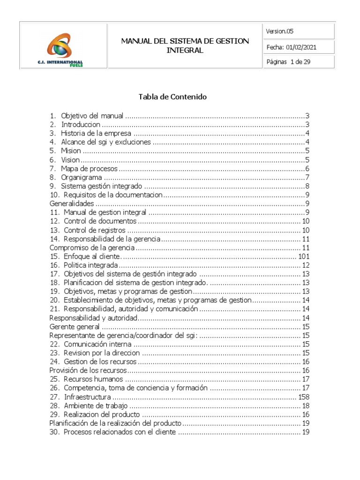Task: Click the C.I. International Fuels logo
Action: tap(65, 47)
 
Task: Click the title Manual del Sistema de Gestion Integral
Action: tap(185, 45)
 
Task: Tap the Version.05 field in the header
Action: tap(280, 31)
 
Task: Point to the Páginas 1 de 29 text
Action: tap(288, 62)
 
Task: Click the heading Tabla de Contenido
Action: tap(172, 97)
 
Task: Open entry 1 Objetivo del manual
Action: tap(92, 116)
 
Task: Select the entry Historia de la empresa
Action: tap(96, 134)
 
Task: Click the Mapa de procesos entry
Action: tap(89, 169)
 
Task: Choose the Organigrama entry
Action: tap(82, 178)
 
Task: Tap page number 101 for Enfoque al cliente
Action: tap(304, 256)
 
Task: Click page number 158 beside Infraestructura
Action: tap(304, 397)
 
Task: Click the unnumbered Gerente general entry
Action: tap(75, 327)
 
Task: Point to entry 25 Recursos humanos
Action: tap(93, 380)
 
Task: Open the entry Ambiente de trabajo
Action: tap(96, 406)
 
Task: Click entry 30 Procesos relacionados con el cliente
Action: tap(120, 432)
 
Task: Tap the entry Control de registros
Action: tap(95, 230)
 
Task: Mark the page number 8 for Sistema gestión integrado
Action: tap(307, 186)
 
